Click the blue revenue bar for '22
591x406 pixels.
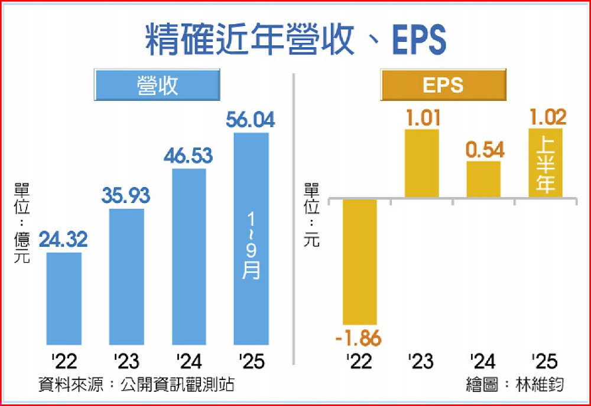click(64, 299)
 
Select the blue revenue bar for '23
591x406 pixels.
click(126, 276)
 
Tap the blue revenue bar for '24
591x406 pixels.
click(189, 257)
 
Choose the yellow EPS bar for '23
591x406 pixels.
click(422, 163)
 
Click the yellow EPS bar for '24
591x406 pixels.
click(483, 179)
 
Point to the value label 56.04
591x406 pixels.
click(251, 120)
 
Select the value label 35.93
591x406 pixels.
click(126, 196)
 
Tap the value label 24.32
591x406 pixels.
click(64, 240)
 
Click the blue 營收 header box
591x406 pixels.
click(157, 84)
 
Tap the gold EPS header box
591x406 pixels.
click(443, 84)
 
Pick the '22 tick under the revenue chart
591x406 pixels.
click(63, 361)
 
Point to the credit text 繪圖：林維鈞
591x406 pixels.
click(515, 385)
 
